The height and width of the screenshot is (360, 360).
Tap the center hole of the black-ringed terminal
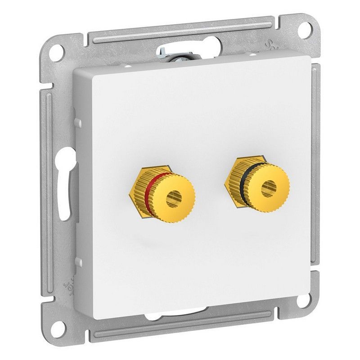[x=269, y=185]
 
